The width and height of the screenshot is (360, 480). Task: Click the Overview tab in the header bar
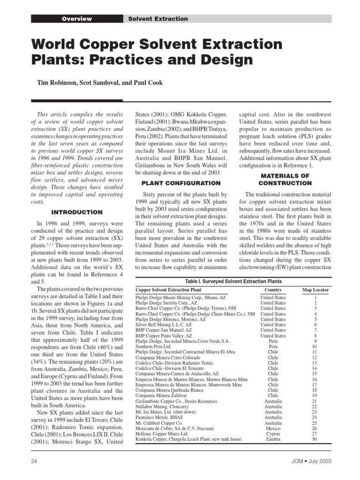pyautogui.click(x=77, y=19)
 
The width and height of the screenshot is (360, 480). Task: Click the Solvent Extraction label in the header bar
pyautogui.click(x=158, y=19)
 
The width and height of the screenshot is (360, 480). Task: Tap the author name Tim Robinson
pyautogui.click(x=58, y=83)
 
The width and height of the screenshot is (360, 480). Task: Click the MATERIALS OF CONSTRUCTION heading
pyautogui.click(x=285, y=179)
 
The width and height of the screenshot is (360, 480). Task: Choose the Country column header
pyautogui.click(x=273, y=290)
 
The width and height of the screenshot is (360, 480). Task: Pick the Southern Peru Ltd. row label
pyautogui.click(x=155, y=346)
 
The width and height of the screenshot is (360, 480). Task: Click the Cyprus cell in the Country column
pyautogui.click(x=273, y=434)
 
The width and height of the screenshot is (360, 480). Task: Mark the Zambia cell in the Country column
pyautogui.click(x=273, y=439)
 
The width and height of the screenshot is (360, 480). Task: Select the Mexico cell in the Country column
pyautogui.click(x=273, y=428)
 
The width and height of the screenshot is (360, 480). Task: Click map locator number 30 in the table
pyautogui.click(x=315, y=439)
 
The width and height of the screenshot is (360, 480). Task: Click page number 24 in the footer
pyautogui.click(x=34, y=461)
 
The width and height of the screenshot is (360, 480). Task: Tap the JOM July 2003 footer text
pyautogui.click(x=309, y=461)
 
